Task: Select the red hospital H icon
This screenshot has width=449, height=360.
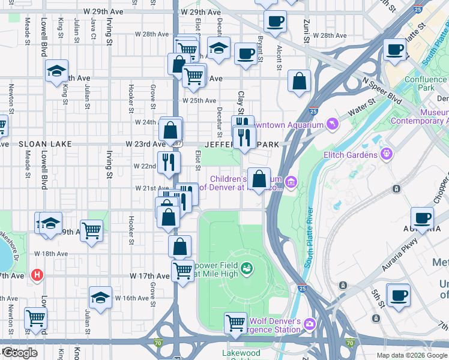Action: tap(37, 275)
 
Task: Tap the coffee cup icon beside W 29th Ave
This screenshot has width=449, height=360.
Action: tap(275, 22)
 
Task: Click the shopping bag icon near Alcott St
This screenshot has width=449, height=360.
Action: tap(299, 81)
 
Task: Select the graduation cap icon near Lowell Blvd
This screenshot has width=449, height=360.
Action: tap(56, 71)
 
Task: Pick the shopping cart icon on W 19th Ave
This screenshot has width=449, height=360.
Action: tap(91, 229)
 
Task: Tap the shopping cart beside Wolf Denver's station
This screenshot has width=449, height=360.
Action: tap(235, 323)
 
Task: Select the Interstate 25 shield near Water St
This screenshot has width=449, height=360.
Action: tap(313, 111)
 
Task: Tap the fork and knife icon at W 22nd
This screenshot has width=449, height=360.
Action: tap(169, 161)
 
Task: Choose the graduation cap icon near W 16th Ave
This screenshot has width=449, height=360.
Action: tap(100, 297)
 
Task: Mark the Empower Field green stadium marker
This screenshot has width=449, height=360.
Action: tap(247, 267)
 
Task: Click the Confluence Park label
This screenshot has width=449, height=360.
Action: tap(425, 83)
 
